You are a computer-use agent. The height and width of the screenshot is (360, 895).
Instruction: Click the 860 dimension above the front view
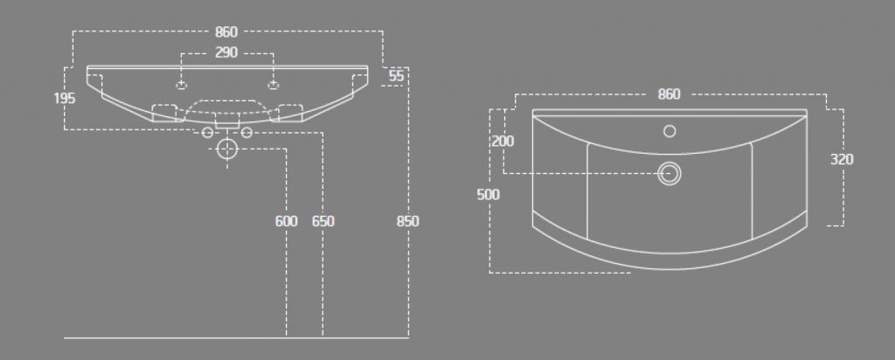click(226, 32)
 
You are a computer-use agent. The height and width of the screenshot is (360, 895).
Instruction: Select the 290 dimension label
click(226, 52)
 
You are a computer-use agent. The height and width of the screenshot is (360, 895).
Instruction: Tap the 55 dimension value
click(396, 76)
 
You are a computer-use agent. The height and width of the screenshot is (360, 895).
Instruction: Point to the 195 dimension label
click(65, 98)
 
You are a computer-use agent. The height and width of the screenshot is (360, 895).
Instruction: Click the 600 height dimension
click(286, 221)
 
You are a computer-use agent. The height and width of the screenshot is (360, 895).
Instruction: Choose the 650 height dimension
click(323, 221)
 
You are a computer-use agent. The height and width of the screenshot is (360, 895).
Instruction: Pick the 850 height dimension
click(407, 221)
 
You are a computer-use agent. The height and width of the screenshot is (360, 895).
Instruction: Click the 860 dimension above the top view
click(669, 94)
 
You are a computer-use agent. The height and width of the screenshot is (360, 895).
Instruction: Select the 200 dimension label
click(503, 141)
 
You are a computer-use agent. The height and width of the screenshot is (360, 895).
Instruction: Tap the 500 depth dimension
click(488, 195)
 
